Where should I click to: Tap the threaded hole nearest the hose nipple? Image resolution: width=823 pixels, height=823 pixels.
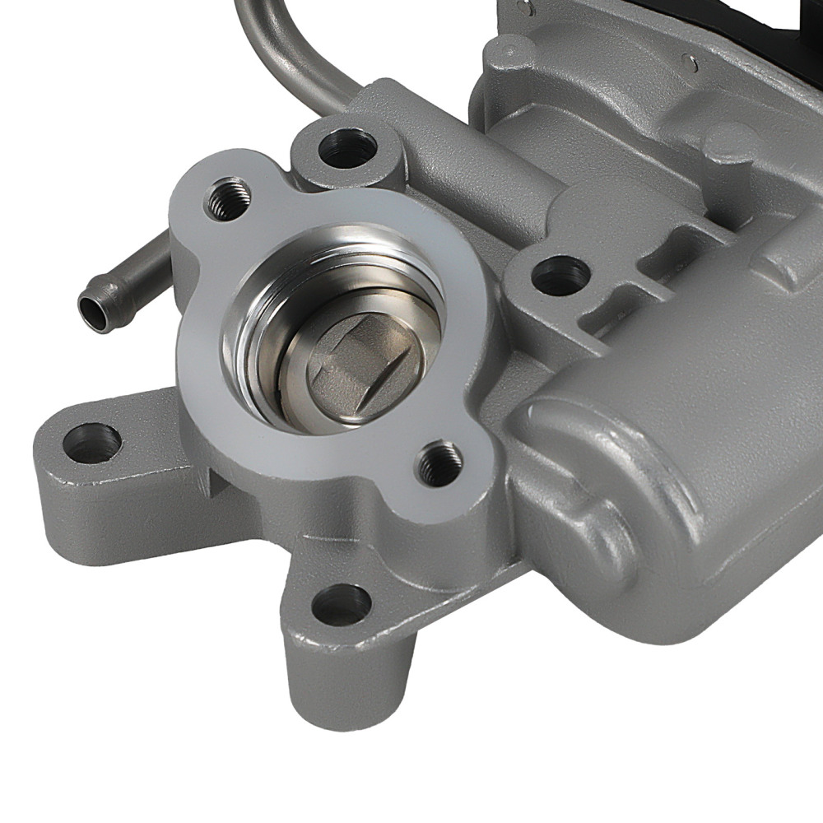(226, 198)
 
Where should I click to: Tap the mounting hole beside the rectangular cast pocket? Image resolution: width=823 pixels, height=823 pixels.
(560, 275)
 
